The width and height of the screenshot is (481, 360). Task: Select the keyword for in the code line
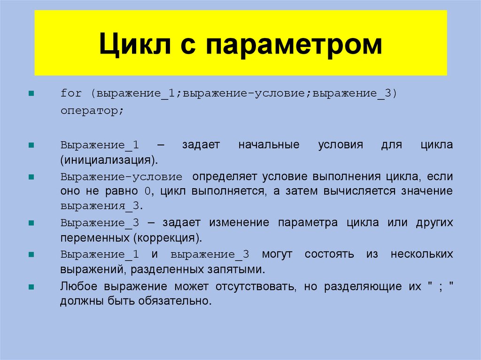(x=71, y=93)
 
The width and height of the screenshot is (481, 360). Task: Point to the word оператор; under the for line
(x=92, y=112)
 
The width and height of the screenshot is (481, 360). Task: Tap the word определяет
(x=224, y=177)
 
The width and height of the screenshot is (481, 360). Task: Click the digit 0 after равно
(x=147, y=191)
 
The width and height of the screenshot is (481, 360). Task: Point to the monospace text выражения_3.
(x=100, y=206)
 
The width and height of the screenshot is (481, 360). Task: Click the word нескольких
(x=422, y=254)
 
